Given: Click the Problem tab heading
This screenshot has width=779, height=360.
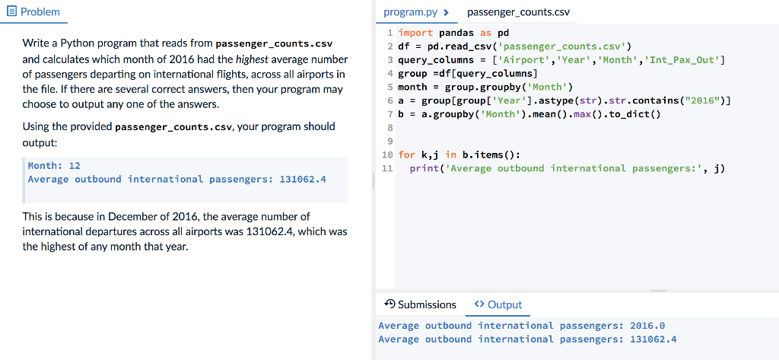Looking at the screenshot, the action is tap(33, 11).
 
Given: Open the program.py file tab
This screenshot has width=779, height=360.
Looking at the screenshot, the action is tap(416, 12).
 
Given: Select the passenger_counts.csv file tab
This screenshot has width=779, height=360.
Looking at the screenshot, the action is tap(518, 12).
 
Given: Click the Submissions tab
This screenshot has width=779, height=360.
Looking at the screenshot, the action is tap(420, 304).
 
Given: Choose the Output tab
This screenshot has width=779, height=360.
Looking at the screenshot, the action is tap(498, 304).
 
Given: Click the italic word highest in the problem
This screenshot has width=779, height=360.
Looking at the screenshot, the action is tap(251, 60).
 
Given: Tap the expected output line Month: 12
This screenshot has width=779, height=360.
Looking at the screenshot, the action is tap(54, 166).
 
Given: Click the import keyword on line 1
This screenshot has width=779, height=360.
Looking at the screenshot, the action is tap(416, 33).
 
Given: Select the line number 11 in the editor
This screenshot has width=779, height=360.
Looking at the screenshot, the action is tap(387, 168).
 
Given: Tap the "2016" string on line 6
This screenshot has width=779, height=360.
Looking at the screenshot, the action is tap(705, 101).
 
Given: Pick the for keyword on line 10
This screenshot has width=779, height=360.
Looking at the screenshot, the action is tap(407, 155).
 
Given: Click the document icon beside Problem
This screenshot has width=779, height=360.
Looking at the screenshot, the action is tap(12, 11).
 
